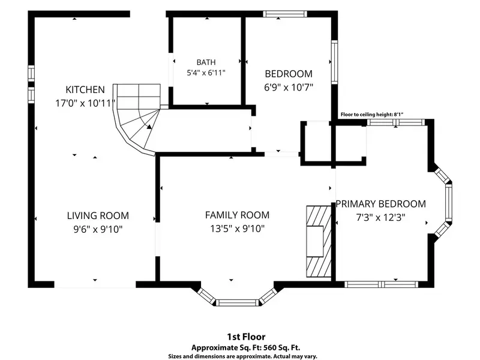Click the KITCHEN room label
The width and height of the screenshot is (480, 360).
85,89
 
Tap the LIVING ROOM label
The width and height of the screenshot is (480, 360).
98,215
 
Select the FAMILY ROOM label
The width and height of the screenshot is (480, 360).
237,215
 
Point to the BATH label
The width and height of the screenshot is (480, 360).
206,62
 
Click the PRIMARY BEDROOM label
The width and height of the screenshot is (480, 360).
381,204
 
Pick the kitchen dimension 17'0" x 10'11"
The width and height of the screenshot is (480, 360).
85,103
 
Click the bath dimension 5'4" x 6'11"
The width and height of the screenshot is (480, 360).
206,73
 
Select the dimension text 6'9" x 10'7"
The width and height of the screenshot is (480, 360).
289,88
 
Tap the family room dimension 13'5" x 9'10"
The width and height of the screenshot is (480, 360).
237,229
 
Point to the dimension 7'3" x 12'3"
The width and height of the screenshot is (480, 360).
381,217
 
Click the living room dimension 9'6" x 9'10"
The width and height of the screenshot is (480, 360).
98,229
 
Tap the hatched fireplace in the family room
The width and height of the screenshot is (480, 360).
319,242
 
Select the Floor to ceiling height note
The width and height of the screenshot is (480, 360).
372,115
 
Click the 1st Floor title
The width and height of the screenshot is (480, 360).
246,337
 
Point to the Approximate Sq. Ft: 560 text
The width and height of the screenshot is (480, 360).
246,348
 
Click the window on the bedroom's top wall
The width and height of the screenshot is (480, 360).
285,14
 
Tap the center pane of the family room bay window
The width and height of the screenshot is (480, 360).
238,303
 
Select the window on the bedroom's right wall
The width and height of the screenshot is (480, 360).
335,62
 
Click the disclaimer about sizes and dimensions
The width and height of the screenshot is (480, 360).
243,356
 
